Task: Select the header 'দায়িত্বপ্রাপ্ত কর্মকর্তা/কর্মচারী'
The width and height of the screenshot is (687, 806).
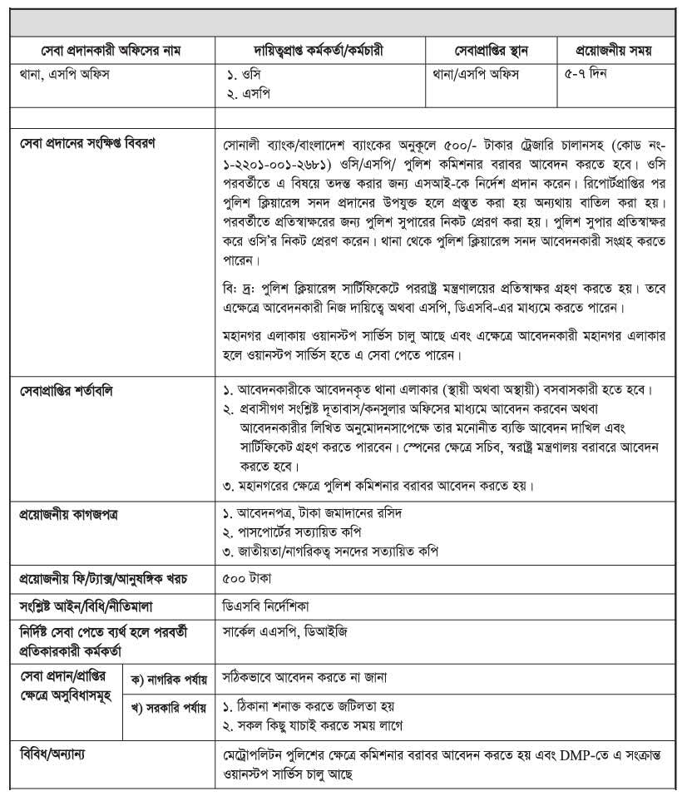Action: [x=321, y=51]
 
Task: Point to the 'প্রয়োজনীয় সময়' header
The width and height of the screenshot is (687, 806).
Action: [x=614, y=51]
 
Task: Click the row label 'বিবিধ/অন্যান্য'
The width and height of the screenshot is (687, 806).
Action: [x=54, y=754]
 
